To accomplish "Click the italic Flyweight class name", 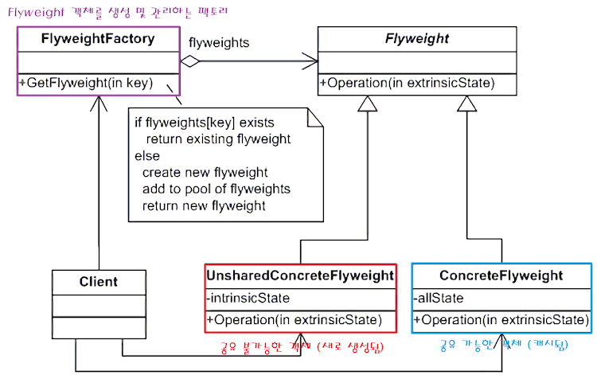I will click(416, 37).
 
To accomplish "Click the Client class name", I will click(98, 281).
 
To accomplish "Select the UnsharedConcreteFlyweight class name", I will click(300, 276).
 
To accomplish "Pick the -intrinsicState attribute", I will click(248, 299).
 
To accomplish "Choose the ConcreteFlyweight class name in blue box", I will click(501, 276).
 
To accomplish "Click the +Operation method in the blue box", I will click(501, 320).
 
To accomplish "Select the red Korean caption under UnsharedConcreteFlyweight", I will click(298, 348).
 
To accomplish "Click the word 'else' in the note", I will click(146, 155).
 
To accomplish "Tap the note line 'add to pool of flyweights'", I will click(216, 189).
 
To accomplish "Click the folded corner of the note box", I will click(316, 116).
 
